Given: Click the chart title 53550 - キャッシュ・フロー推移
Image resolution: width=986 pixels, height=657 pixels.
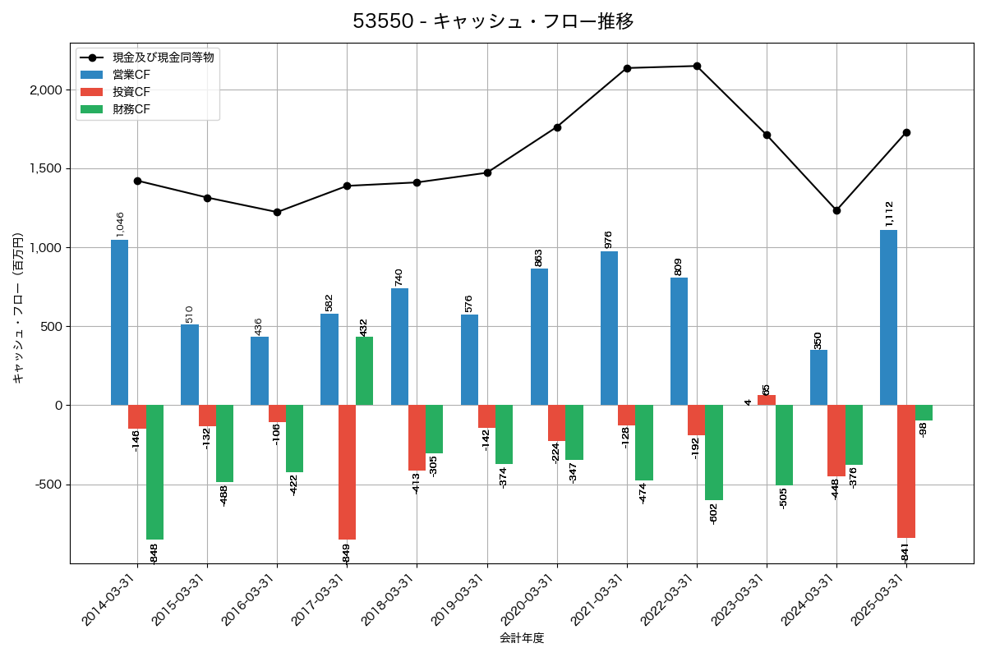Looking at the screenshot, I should coord(493,21).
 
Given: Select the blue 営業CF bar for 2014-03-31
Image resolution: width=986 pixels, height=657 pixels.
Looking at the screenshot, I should coord(120,323).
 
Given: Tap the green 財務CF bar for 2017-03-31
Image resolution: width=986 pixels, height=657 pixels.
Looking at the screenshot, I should coord(364,371).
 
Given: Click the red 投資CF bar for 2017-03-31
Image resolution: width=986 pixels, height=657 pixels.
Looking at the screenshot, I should coord(347,472).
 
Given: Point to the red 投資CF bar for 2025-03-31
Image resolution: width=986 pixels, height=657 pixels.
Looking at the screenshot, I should coord(906,471).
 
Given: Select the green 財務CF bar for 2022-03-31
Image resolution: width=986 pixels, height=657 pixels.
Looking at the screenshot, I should coord(714,453).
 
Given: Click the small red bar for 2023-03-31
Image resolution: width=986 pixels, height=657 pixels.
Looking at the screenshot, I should coord(767,401).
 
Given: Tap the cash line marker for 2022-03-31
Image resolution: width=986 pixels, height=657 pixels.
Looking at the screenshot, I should coord(697,66).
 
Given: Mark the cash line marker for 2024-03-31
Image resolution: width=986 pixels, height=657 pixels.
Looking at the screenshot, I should coord(836,210).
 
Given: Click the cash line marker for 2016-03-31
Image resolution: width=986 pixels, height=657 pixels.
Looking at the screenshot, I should coord(277,212).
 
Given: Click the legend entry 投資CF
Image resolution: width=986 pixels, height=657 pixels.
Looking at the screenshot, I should coord(131,92).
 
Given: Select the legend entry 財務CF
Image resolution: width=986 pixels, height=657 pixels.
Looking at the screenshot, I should coord(131,109).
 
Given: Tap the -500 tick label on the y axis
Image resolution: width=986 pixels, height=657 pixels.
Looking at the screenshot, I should coord(48,485).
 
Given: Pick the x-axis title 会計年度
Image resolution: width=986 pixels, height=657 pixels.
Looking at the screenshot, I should coord(522,638).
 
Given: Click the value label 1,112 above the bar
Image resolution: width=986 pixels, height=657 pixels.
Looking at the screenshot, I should coord(889,214).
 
